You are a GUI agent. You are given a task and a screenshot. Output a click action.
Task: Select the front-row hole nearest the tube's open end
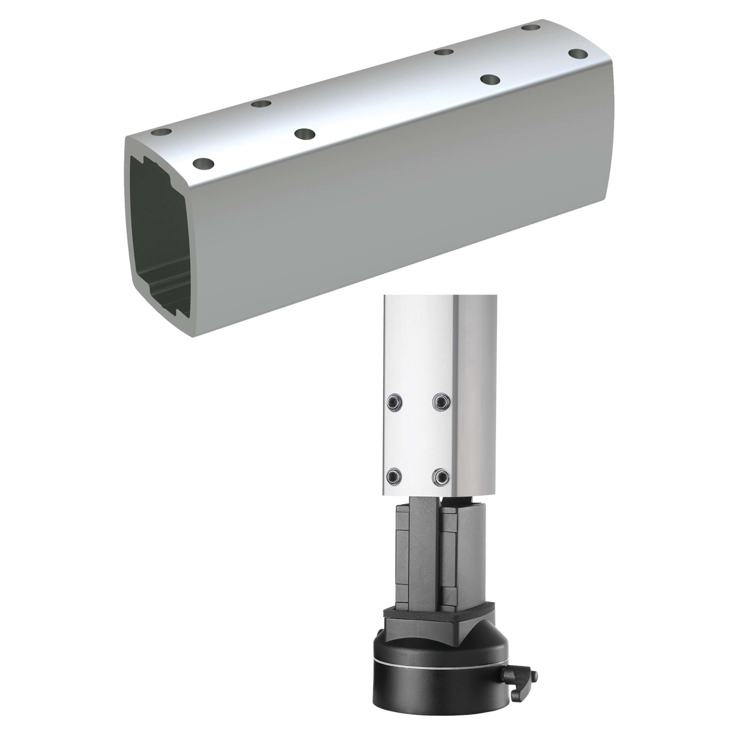204,164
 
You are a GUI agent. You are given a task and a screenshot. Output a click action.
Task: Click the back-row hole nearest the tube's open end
162,132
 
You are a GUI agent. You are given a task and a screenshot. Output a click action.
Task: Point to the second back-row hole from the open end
261,104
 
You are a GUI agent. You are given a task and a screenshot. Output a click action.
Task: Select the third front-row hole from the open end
490,80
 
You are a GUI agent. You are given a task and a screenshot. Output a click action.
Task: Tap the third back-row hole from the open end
443,52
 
